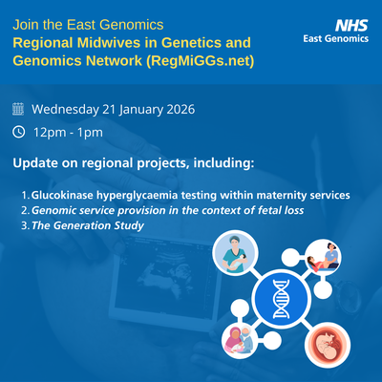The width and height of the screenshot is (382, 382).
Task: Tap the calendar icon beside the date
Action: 19,109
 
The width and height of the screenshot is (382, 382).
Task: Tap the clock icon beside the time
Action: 19,132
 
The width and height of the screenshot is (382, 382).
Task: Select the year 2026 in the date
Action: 167,109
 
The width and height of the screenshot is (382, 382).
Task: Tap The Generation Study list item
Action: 87,225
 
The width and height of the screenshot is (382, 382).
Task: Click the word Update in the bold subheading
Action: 34,163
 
